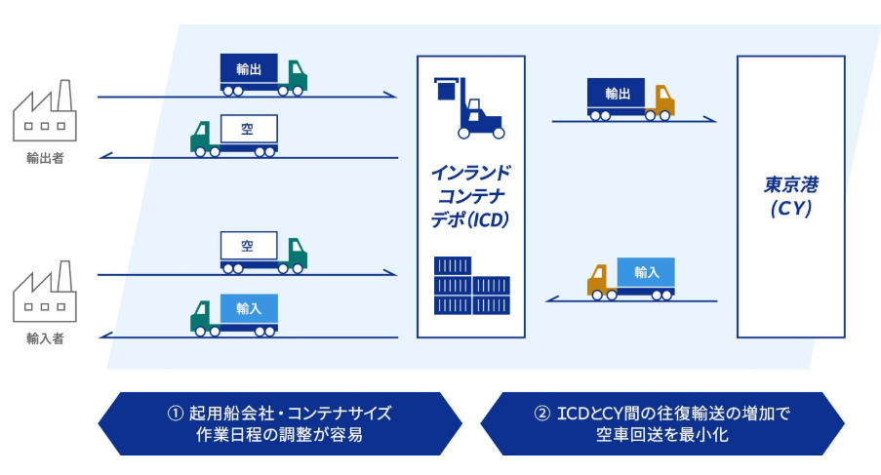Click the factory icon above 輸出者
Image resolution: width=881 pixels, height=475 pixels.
44,112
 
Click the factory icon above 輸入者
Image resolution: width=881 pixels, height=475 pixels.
44,292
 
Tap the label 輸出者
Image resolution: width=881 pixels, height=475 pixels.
45,159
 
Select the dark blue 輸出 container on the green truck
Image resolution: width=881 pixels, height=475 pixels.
249,69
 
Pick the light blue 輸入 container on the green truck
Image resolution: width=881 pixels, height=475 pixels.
248,308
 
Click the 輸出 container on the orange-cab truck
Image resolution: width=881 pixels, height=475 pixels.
616,94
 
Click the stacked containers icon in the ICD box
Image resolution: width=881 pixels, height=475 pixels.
471,286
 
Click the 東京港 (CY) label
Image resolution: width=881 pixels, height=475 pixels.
790,196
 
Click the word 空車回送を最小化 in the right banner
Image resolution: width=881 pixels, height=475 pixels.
662,435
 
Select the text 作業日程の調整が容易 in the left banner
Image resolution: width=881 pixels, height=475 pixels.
280,435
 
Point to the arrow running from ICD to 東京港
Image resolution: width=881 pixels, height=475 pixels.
634,121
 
